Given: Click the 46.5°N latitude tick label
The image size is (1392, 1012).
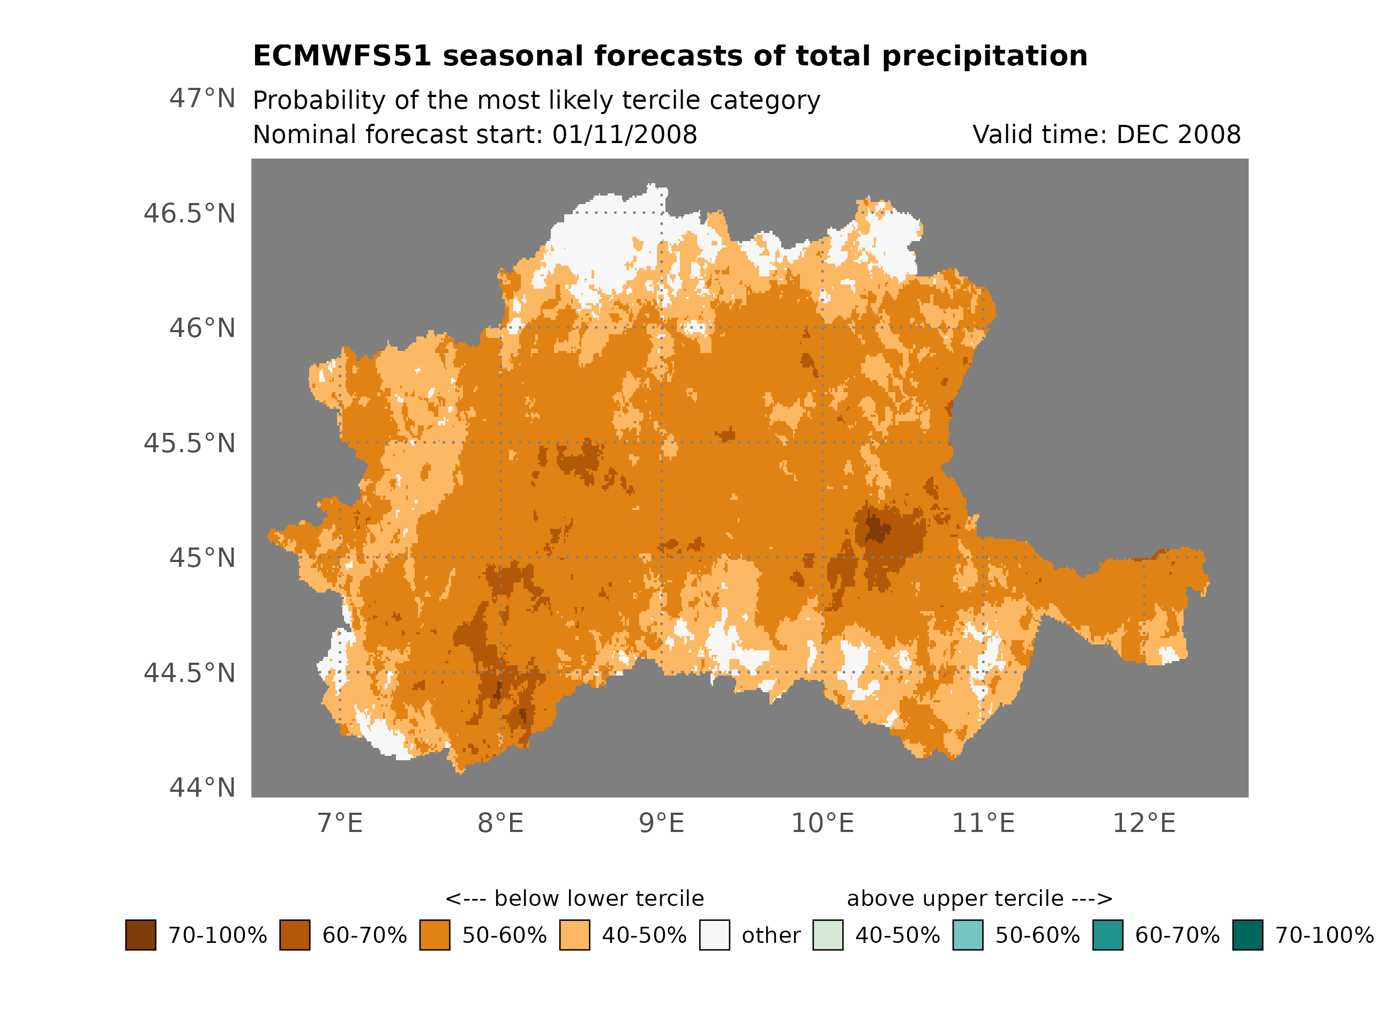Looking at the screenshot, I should [189, 214].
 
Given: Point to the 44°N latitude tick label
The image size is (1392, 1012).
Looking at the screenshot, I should [202, 788].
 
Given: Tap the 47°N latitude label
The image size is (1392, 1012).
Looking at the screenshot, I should [202, 99].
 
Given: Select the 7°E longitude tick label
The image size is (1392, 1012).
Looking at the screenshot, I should [340, 823].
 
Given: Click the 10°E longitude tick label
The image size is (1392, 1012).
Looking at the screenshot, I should [822, 823].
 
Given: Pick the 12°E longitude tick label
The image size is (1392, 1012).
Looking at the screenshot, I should [1144, 823].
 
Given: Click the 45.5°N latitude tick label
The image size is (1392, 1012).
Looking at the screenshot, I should [189, 444].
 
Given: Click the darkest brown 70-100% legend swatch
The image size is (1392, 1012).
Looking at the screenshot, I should [140, 935].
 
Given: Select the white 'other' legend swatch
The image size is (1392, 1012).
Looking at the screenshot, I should [714, 935].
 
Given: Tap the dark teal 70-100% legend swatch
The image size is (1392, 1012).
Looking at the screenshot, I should [1248, 935].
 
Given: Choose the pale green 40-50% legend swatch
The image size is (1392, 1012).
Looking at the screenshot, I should [827, 935].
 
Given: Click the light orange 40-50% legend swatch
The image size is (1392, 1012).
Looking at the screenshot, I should [574, 935].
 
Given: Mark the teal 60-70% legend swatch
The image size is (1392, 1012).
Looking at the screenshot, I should [1108, 935].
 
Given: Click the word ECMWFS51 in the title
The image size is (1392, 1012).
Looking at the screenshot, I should [342, 56].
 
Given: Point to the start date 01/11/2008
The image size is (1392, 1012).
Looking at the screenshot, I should [624, 135].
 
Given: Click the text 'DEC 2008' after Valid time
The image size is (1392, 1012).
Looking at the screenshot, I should [1178, 135].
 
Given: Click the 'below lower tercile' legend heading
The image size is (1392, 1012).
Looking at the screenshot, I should [574, 899].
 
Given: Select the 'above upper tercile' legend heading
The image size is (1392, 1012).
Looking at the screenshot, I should [979, 899].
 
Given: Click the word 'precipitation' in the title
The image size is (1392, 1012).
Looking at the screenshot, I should [984, 56].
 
